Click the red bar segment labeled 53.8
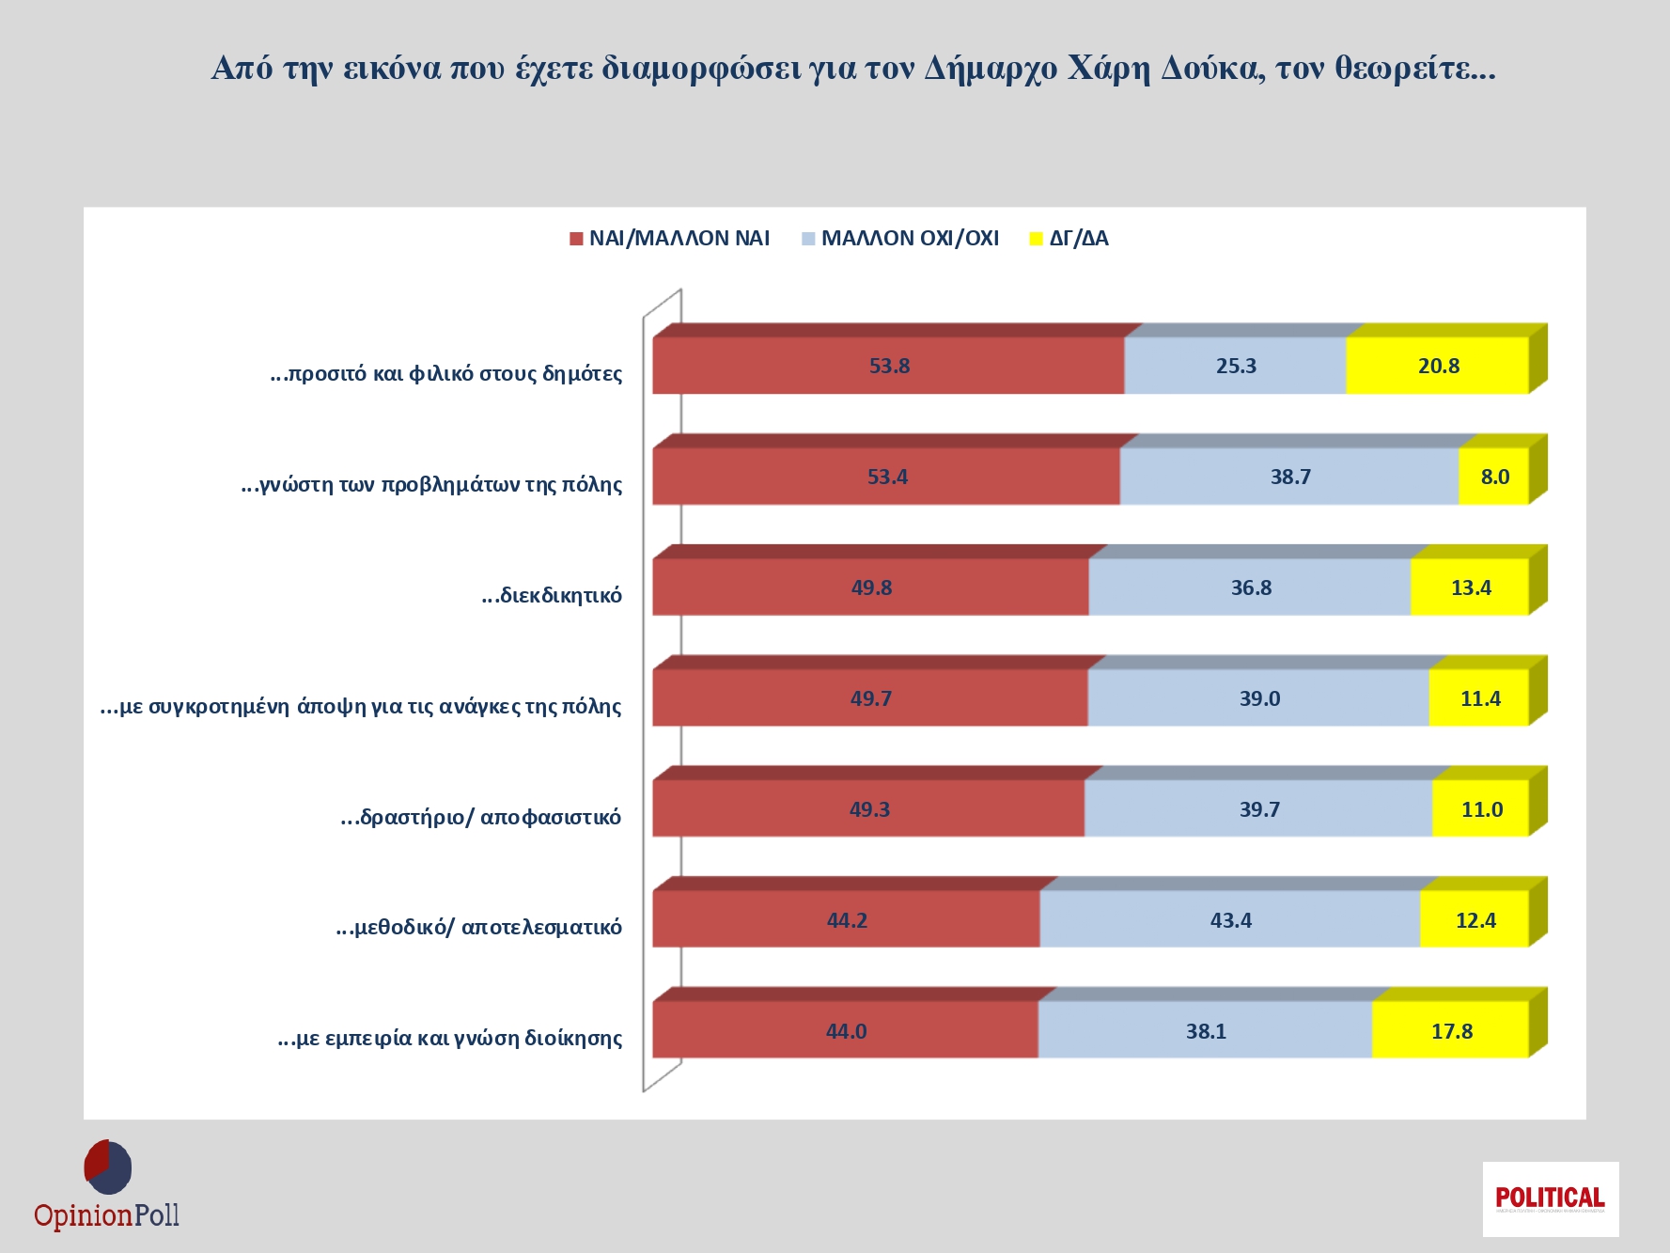pyautogui.click(x=888, y=366)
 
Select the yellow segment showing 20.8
pyautogui.click(x=1437, y=366)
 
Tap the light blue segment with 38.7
pyautogui.click(x=1289, y=477)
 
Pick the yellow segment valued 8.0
pyautogui.click(x=1493, y=477)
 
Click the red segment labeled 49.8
pyautogui.click(x=870, y=587)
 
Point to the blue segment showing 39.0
pyautogui.click(x=1258, y=698)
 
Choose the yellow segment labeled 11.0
pyautogui.click(x=1480, y=809)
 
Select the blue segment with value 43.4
pyautogui.click(x=1229, y=920)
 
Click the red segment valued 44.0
pyautogui.click(x=845, y=1031)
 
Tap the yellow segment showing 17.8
pyautogui.click(x=1450, y=1031)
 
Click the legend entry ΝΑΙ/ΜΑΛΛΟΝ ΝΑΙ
pyautogui.click(x=670, y=239)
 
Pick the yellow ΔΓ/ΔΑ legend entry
pyautogui.click(x=1069, y=239)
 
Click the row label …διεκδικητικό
pyautogui.click(x=552, y=595)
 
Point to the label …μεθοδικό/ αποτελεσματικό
pyautogui.click(x=479, y=928)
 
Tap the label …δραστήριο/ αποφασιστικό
pyautogui.click(x=481, y=817)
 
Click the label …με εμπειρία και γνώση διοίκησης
pyautogui.click(x=450, y=1039)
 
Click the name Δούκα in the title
pyautogui.click(x=1212, y=69)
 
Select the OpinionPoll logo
pyautogui.click(x=107, y=1186)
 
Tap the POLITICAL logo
pyautogui.click(x=1550, y=1198)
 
